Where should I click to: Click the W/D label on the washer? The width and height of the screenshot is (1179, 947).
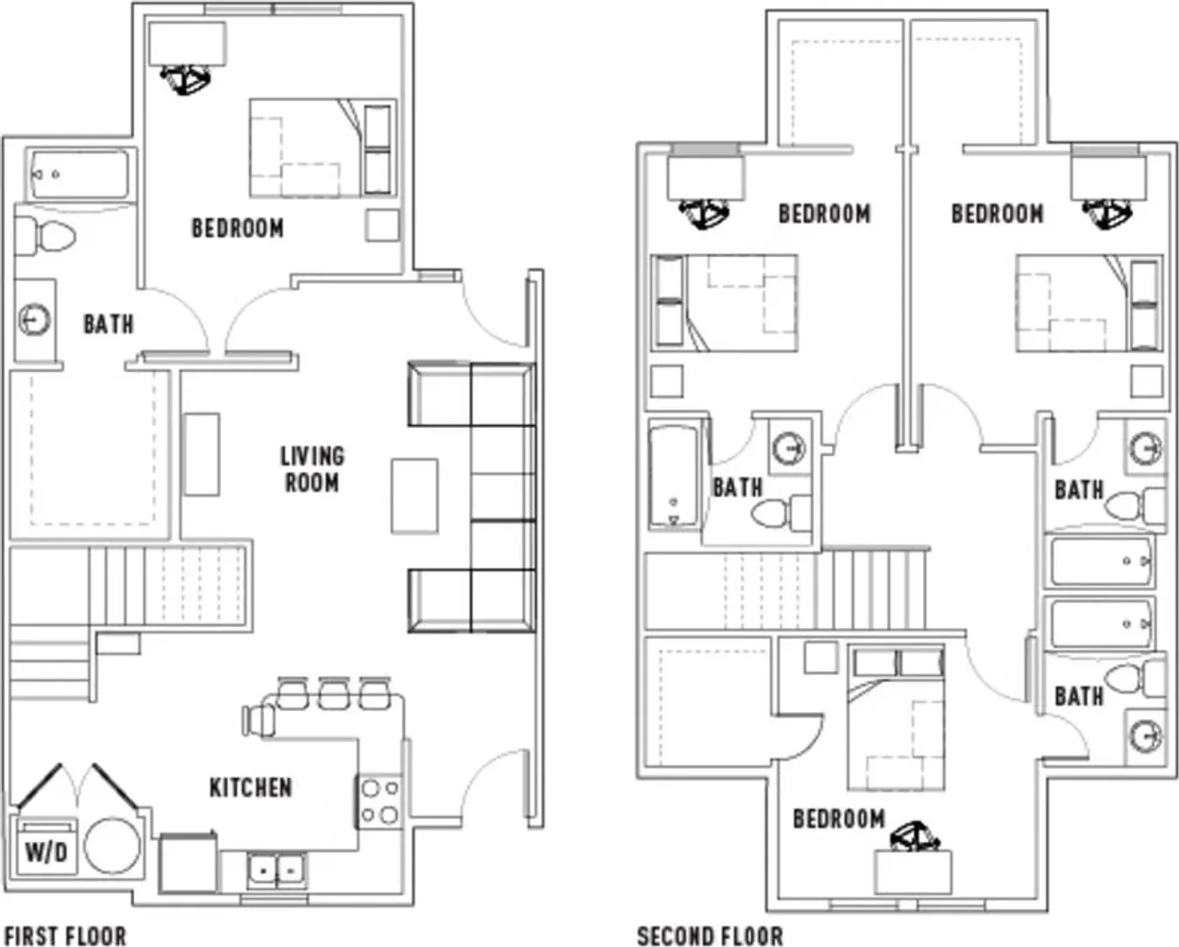tap(46, 852)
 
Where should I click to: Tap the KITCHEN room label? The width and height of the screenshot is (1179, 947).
tap(251, 787)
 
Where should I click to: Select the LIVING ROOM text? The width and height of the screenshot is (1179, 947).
tap(312, 469)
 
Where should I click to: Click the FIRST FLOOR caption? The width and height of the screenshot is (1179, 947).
tap(65, 936)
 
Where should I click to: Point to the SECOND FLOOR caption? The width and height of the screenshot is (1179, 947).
tap(710, 936)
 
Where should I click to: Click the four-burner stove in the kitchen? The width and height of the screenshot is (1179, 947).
tap(380, 801)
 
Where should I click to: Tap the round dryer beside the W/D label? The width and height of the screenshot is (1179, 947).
tap(113, 845)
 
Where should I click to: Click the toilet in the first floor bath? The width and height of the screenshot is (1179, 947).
tap(45, 236)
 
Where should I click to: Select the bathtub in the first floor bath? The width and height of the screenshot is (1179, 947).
tap(80, 175)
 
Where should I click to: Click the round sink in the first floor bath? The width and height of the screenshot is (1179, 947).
tap(34, 319)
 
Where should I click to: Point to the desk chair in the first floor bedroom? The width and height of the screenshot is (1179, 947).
tap(185, 80)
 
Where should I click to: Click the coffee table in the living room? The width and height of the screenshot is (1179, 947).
tap(414, 496)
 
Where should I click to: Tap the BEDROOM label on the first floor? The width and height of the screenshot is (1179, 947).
tap(238, 229)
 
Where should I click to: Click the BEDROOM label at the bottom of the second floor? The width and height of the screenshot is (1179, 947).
tap(839, 819)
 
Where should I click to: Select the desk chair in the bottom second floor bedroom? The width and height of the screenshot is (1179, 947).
tap(914, 837)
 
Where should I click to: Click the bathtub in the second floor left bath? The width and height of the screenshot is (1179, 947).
tap(674, 475)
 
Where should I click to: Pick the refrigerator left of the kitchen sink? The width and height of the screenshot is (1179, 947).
tap(188, 864)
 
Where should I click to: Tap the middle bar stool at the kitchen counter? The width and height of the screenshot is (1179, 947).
tap(334, 694)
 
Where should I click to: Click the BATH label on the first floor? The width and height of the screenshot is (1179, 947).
tap(109, 324)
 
